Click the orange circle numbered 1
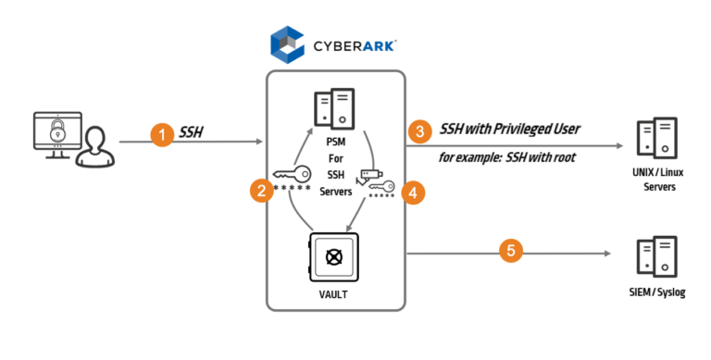click(162, 136)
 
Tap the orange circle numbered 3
click(421, 131)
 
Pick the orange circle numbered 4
click(415, 191)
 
